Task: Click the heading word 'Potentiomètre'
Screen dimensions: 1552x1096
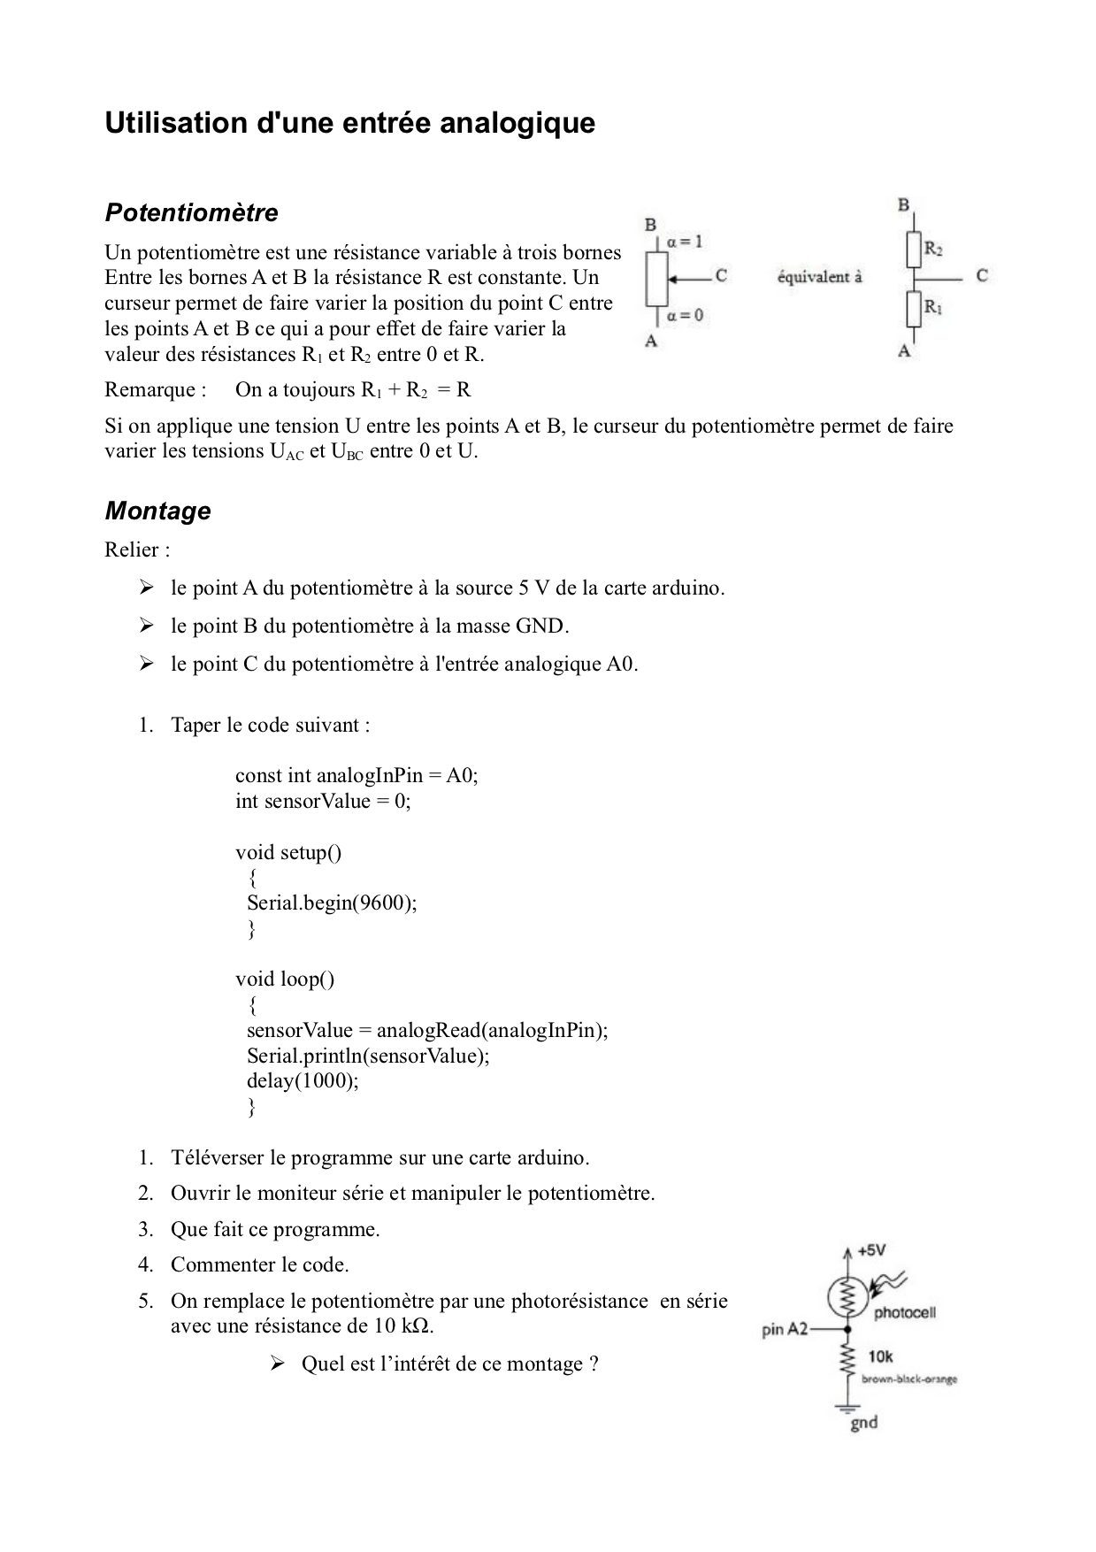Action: coord(191,213)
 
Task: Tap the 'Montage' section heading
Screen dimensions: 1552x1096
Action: coord(157,511)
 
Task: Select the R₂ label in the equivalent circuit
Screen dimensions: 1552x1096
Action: coord(933,250)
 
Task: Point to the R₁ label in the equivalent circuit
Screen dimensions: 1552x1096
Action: coord(933,308)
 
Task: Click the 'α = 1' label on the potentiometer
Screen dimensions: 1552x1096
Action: coord(685,242)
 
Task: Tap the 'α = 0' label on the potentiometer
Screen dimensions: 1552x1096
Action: coord(686,315)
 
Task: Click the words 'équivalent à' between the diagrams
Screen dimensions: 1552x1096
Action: coord(819,277)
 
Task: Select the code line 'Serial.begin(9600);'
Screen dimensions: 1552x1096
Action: coord(332,903)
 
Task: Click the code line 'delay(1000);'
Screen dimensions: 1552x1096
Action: coord(303,1081)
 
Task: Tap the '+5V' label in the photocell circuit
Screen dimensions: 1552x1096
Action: coord(871,1251)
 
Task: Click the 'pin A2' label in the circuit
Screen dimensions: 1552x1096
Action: coord(785,1329)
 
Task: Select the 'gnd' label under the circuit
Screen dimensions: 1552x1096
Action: coord(863,1423)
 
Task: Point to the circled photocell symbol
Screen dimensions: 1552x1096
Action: coord(847,1297)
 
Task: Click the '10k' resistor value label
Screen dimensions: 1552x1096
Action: coord(880,1356)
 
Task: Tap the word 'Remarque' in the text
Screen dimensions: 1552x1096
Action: coord(149,390)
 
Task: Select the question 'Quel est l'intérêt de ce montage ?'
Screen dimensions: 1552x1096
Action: coord(449,1364)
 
